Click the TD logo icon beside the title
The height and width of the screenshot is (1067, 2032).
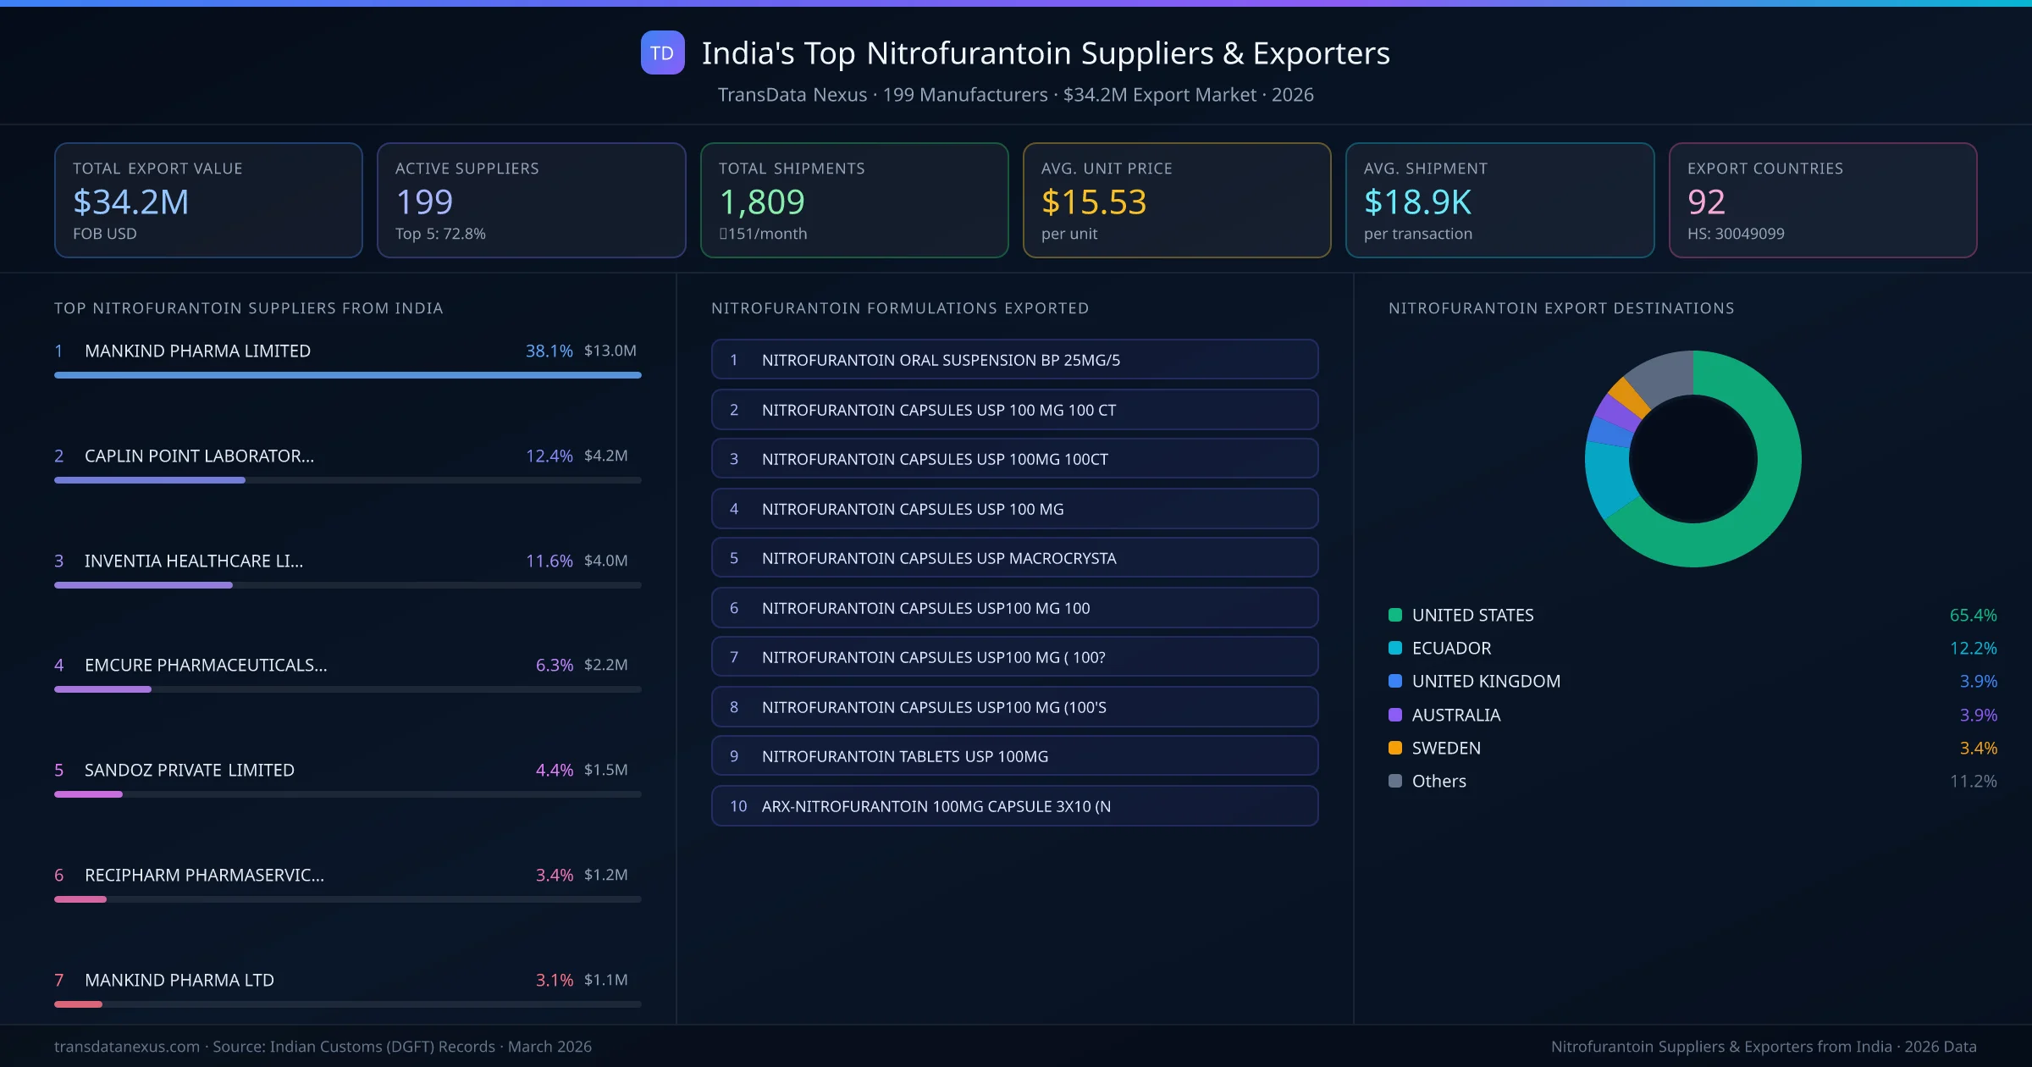coord(662,53)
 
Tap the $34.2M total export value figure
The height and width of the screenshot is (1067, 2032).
coord(131,202)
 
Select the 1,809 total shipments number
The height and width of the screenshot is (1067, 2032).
coord(761,202)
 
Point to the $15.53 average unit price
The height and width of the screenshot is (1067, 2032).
coord(1093,202)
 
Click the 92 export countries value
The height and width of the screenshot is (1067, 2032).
coord(1705,202)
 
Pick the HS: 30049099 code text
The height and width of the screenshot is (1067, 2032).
coord(1735,234)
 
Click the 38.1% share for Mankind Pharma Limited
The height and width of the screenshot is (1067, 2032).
coord(549,351)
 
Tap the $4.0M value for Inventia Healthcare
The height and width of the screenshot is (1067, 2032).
coord(605,561)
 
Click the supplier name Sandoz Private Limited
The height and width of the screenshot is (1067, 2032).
coord(189,770)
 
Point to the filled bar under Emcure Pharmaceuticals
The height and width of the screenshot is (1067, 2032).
coord(102,689)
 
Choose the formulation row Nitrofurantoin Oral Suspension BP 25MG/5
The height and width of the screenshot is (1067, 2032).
coord(1014,360)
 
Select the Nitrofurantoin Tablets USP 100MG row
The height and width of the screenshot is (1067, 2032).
coord(1014,756)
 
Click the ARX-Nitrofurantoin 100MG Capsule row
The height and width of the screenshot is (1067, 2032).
coord(1014,806)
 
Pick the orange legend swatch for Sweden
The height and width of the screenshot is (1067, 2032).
coord(1395,748)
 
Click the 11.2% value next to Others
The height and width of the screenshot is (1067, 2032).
coord(1973,781)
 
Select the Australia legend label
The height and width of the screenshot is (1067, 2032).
coord(1455,715)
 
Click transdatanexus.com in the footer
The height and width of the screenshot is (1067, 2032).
coord(127,1047)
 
